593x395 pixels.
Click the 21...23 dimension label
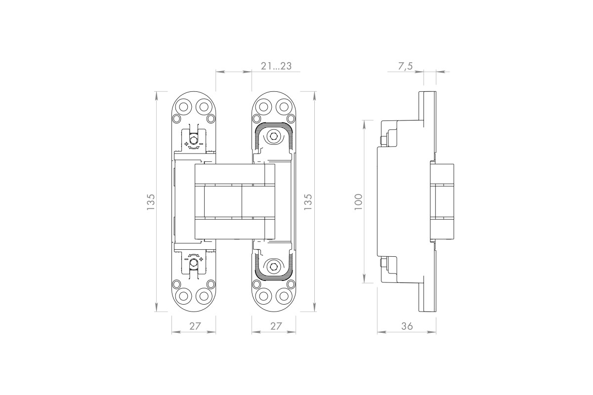tap(276, 66)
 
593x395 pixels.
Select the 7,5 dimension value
tap(405, 66)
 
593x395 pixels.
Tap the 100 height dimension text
tap(358, 202)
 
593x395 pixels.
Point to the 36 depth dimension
tap(407, 326)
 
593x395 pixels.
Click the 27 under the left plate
tap(195, 326)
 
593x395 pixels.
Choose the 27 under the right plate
tap(276, 326)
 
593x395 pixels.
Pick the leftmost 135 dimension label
tap(150, 202)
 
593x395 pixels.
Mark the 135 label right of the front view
tap(308, 202)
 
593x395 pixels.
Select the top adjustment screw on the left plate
tap(194, 139)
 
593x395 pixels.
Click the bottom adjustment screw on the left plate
tap(194, 263)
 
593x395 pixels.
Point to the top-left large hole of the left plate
tap(183, 107)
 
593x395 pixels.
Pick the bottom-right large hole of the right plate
tap(284, 296)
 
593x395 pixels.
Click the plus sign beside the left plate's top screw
tap(186, 144)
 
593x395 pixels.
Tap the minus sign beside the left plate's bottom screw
tap(186, 259)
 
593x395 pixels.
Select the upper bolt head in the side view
tap(383, 141)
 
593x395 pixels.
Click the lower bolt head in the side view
tap(383, 263)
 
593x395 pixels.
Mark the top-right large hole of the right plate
tap(284, 107)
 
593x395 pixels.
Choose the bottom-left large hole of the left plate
tap(183, 296)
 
